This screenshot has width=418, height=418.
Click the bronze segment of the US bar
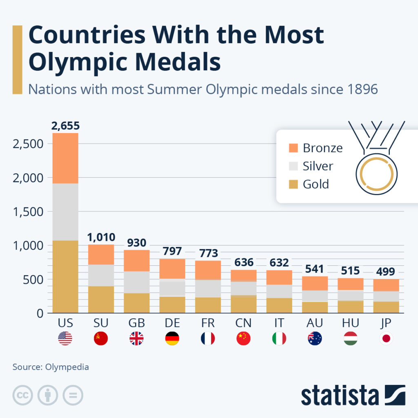[65, 158]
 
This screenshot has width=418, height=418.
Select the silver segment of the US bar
[65, 211]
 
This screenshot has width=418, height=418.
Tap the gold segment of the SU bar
[101, 299]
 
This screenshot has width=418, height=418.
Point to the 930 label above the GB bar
[136, 243]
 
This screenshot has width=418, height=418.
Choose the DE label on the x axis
[172, 323]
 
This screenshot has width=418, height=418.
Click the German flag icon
[172, 339]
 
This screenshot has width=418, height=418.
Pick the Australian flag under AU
[315, 339]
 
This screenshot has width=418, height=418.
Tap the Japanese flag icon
[386, 339]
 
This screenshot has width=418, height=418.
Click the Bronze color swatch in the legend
[293, 148]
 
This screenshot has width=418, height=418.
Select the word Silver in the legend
[318, 166]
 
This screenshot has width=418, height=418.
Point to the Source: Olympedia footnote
[51, 367]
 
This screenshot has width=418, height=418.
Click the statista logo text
[340, 396]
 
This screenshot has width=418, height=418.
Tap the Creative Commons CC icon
[23, 395]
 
